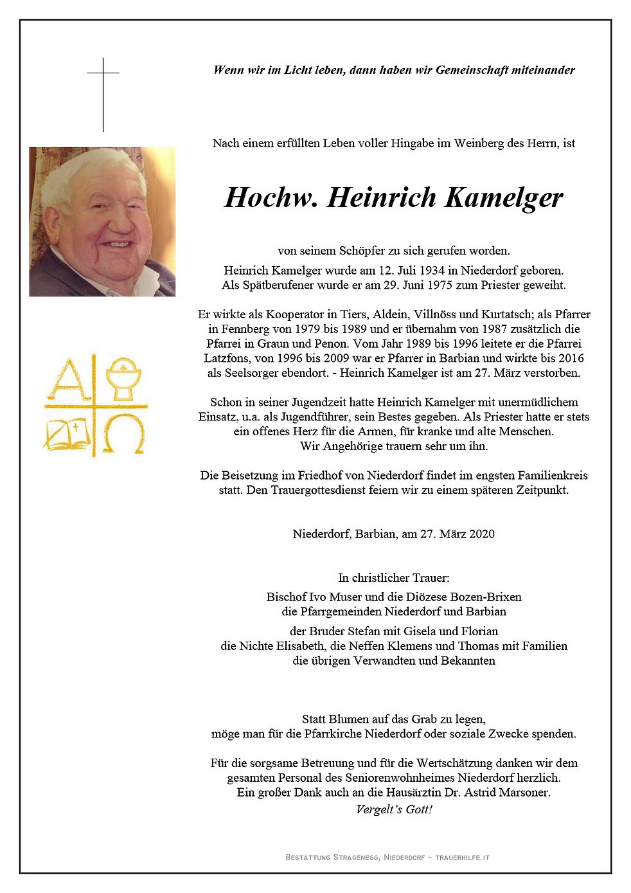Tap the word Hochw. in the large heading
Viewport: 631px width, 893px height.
(x=271, y=197)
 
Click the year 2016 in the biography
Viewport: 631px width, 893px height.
(x=571, y=358)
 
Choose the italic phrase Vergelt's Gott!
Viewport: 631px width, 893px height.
(x=394, y=809)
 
